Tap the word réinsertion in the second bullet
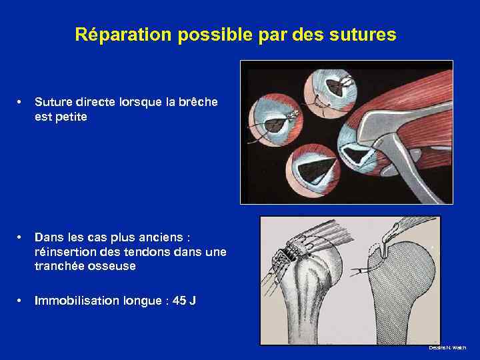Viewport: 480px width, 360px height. click(x=63, y=251)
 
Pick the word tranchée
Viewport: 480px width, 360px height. click(x=59, y=265)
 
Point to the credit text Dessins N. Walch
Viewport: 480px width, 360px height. click(x=448, y=348)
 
